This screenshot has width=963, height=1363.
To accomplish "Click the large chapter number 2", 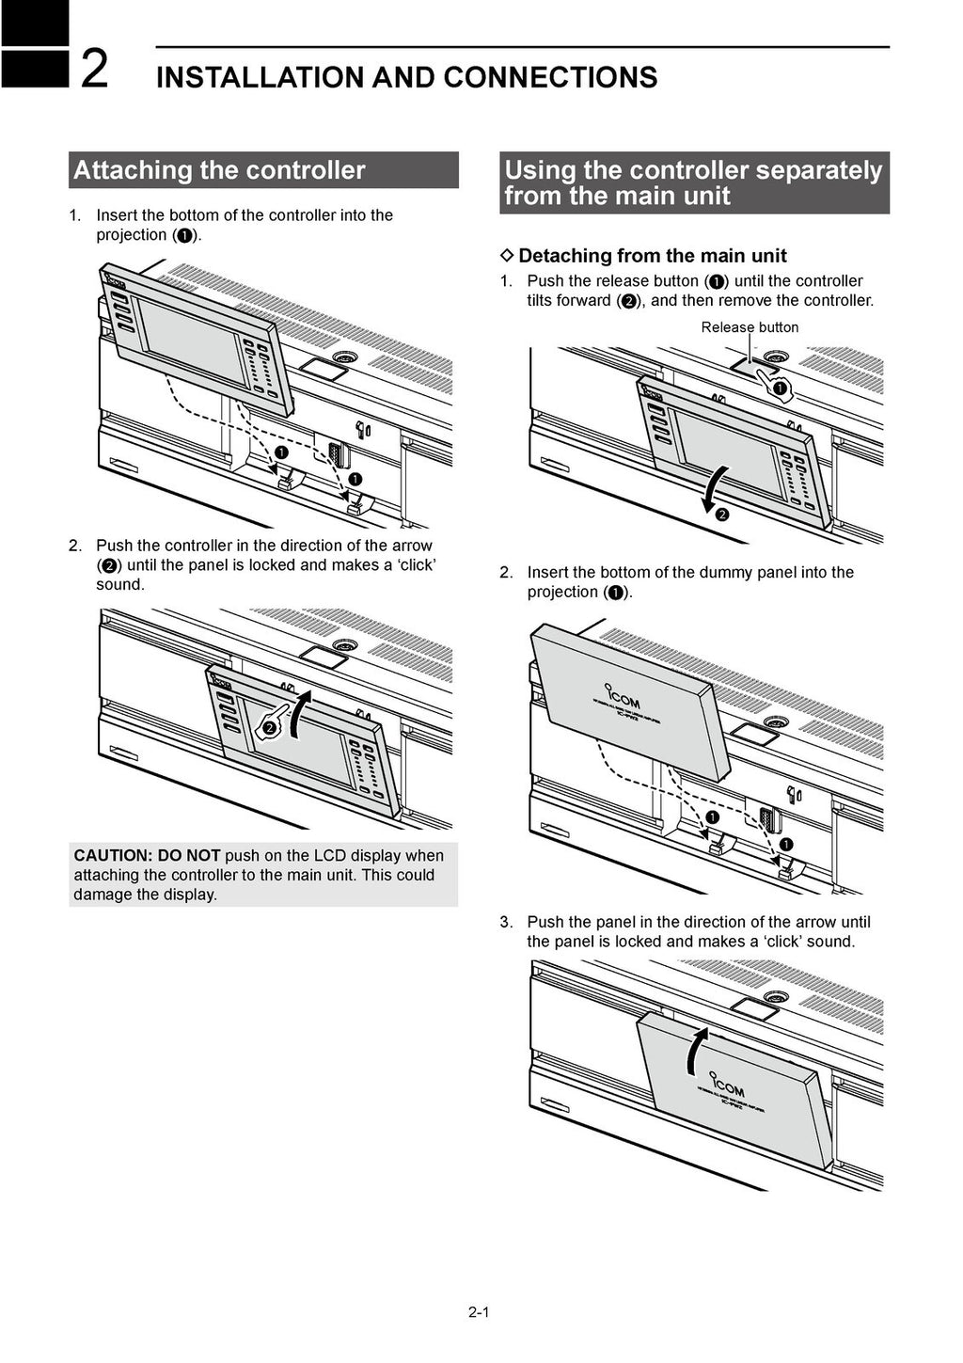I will click(94, 69).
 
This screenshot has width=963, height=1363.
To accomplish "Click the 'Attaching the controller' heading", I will click(219, 170).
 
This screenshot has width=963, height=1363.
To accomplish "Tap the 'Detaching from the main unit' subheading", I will click(652, 256).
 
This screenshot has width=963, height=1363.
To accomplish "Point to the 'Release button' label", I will click(750, 327).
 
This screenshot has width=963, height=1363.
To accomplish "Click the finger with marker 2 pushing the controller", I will click(270, 725).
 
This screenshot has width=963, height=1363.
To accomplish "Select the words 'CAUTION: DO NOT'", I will click(147, 856).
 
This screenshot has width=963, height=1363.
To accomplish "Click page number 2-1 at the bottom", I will click(479, 1311).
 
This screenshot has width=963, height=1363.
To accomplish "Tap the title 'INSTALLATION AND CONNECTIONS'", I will click(406, 77).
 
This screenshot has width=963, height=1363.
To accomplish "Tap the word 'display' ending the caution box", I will click(192, 895).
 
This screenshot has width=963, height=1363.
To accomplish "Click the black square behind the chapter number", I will click(34, 43).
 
